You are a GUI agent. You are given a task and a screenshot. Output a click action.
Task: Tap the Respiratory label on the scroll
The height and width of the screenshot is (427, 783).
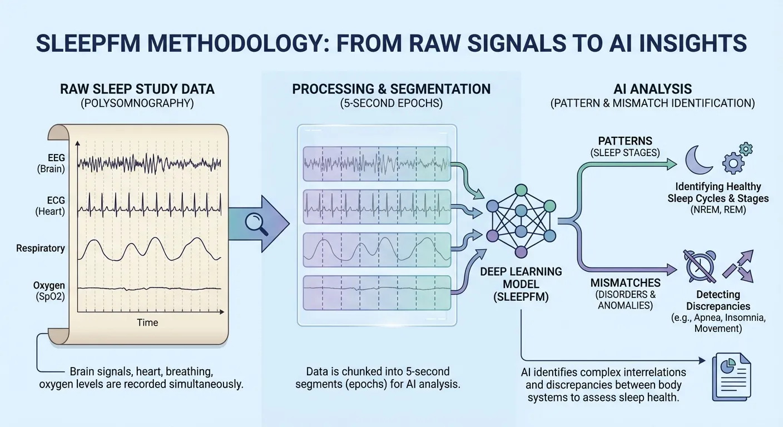[x=41, y=248]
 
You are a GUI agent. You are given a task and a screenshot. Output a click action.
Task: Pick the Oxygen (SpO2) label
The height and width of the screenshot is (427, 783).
[x=49, y=291]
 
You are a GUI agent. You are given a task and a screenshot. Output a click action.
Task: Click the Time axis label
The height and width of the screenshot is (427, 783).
[x=148, y=322]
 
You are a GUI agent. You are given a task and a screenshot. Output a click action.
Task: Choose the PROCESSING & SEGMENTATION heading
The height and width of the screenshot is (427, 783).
[x=391, y=89]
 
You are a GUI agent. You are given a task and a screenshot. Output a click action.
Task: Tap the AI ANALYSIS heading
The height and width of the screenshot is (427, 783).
[x=652, y=89]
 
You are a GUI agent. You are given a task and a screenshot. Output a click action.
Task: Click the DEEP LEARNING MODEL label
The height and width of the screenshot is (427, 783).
[x=521, y=278]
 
